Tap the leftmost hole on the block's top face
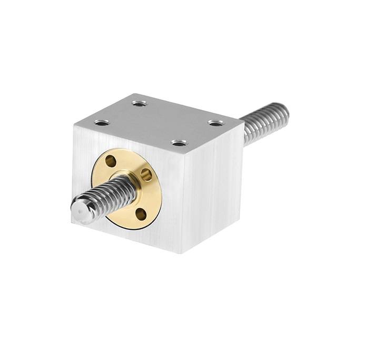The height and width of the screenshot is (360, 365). click(102, 123)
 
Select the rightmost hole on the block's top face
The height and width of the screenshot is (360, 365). click(215, 123)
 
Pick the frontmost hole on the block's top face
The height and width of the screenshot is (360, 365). click(179, 143)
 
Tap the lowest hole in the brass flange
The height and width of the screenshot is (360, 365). click(140, 213)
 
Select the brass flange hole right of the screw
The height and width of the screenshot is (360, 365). click(147, 174)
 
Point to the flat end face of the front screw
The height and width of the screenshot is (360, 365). click(79, 210)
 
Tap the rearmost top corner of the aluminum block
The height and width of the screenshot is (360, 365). click(135, 94)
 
